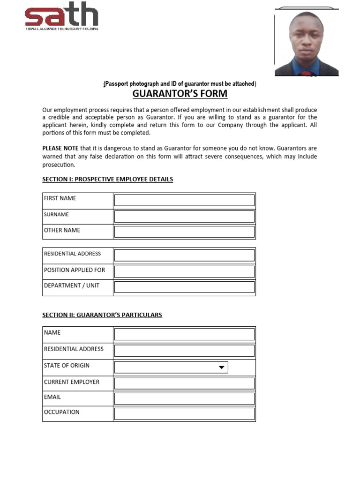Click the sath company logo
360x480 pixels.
(x=61, y=15)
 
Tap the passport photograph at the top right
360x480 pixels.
(x=306, y=43)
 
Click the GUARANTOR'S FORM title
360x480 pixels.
(x=180, y=94)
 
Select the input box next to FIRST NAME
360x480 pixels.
(x=184, y=200)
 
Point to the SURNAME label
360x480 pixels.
(x=56, y=215)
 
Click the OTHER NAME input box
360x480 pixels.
(x=184, y=232)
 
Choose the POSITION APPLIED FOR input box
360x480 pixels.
(x=184, y=271)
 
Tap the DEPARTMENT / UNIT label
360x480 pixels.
(x=71, y=285)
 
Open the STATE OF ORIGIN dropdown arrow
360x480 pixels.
(x=222, y=367)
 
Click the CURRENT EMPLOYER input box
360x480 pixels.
(x=184, y=383)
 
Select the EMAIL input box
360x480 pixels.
(x=184, y=398)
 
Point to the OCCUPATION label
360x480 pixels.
(x=61, y=412)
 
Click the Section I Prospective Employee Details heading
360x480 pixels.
(x=107, y=180)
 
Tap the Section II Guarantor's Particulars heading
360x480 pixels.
(x=102, y=315)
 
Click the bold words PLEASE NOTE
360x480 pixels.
(x=60, y=148)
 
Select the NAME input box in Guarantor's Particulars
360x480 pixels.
(x=184, y=334)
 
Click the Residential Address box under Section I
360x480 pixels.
(x=184, y=255)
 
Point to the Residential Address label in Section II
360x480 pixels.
(x=74, y=349)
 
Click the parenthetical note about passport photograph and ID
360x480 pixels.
(x=180, y=84)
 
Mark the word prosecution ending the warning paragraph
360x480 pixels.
(x=58, y=165)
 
